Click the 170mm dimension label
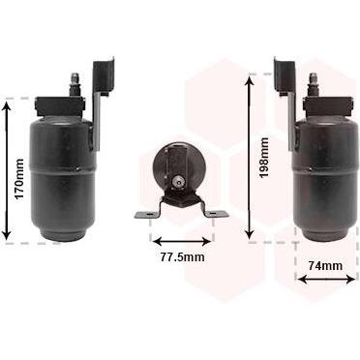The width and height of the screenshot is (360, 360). pyautogui.click(x=19, y=179)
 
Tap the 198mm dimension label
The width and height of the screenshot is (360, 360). pyautogui.click(x=264, y=158)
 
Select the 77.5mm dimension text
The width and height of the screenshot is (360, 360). pyautogui.click(x=182, y=257)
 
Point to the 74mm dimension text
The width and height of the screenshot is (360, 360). pyautogui.click(x=325, y=266)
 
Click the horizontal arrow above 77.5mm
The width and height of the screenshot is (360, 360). pyautogui.click(x=182, y=241)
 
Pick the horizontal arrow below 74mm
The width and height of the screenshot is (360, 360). pyautogui.click(x=326, y=279)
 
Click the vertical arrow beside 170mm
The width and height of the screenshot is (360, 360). pyautogui.click(x=7, y=170)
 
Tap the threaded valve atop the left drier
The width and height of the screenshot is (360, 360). pyautogui.click(x=74, y=85)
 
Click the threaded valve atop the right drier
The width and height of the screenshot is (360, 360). pyautogui.click(x=314, y=85)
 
